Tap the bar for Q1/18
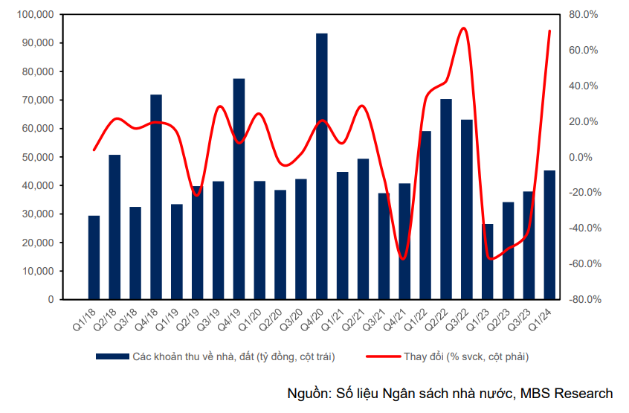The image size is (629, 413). click(x=94, y=257)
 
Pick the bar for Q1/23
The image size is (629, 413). click(x=488, y=261)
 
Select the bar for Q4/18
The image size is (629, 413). click(x=156, y=196)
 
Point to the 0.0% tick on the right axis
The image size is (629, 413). click(x=584, y=158)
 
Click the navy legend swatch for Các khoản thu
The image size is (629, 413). click(x=112, y=357)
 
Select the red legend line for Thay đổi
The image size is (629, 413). click(x=382, y=357)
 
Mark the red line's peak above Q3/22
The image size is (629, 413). click(x=463, y=28)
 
